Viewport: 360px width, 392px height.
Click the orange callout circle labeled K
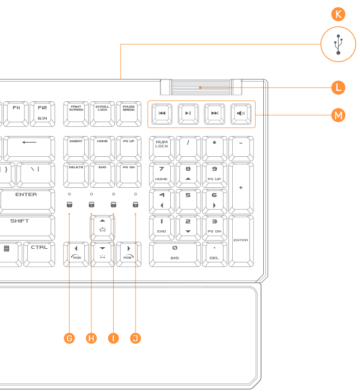(x=339, y=15)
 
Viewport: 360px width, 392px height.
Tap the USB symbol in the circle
(x=339, y=45)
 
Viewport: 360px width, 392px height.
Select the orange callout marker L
(x=339, y=87)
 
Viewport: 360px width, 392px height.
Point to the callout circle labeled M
(x=339, y=115)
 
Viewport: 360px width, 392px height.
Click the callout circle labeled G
(x=69, y=338)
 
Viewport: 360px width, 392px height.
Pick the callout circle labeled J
(x=135, y=338)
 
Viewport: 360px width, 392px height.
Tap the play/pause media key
(x=188, y=113)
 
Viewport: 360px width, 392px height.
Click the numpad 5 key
(x=188, y=200)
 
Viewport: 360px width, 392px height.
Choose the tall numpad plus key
(x=240, y=187)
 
